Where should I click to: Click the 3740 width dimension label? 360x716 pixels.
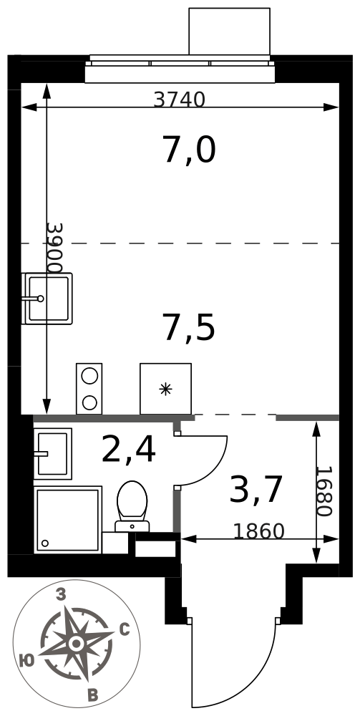coord(179,99)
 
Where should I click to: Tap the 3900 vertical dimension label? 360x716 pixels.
coord(55,248)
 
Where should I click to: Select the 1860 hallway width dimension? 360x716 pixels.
coord(258,531)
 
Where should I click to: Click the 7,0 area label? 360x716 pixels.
coord(189,150)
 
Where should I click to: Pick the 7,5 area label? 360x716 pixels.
coord(189,329)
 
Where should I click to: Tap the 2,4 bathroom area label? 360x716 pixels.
coord(129,450)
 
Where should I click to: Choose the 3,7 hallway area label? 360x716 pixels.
coord(256,490)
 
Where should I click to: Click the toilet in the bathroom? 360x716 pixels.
coord(132,506)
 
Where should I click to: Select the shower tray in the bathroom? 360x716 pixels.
coord(68,520)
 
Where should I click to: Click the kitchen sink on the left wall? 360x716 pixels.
coord(47,299)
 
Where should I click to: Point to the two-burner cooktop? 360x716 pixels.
coord(89,389)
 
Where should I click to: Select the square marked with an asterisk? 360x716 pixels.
coord(165,389)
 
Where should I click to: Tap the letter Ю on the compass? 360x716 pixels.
coord(27,659)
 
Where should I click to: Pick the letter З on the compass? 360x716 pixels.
coord(61,594)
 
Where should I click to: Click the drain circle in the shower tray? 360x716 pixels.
coord(44,543)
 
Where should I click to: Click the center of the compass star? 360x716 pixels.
coord(76,644)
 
